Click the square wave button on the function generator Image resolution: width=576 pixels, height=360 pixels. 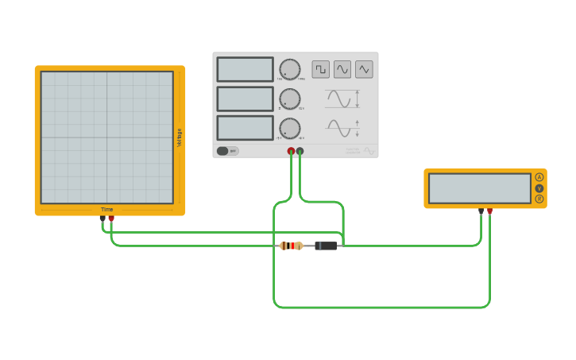320,70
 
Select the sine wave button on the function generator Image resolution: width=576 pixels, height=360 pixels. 342,70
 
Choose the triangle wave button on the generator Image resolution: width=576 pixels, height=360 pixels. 364,70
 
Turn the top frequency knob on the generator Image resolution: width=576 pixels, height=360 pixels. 290,69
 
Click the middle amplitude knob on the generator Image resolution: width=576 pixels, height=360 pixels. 290,99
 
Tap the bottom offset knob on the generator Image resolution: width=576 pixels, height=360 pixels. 290,129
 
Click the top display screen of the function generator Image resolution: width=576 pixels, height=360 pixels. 245,69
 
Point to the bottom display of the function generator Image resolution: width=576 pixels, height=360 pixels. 245,128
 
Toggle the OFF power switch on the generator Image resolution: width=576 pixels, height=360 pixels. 227,151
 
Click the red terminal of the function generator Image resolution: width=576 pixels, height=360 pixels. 291,151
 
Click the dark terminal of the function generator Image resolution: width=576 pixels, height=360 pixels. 300,151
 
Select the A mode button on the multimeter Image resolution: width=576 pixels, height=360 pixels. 539,177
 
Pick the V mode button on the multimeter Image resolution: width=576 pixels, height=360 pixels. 539,188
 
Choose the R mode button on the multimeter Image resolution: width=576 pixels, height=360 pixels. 539,199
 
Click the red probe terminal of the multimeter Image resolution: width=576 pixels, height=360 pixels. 489,211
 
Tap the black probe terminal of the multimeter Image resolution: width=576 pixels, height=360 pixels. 481,211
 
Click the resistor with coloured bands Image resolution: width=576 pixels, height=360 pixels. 291,246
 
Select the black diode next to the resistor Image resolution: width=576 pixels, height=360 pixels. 326,246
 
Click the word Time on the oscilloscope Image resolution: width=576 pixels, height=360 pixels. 106,210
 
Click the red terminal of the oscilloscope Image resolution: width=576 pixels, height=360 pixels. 111,218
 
